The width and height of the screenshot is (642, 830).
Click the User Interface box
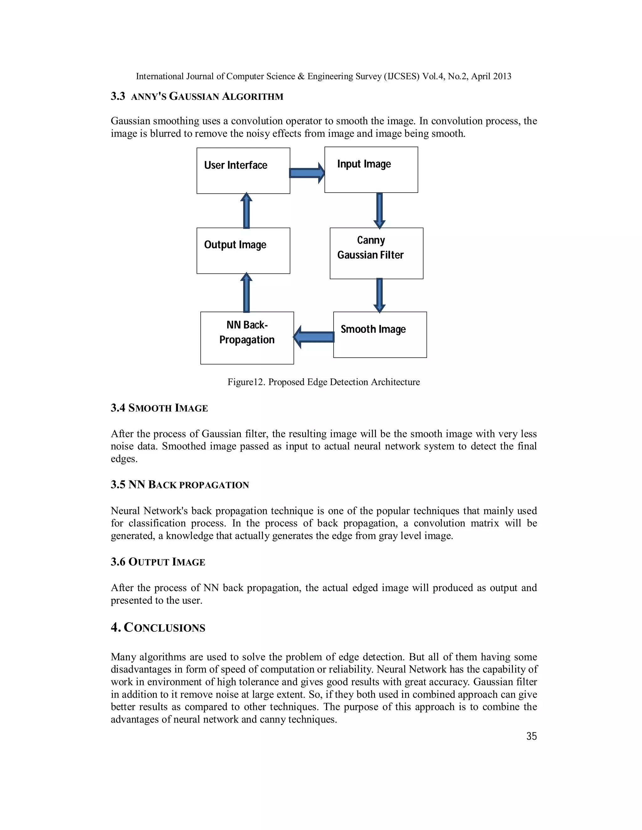[243, 171]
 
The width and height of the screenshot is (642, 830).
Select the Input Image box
[371, 169]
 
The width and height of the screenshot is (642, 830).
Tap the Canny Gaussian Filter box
[376, 253]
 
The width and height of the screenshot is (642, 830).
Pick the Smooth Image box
[380, 335]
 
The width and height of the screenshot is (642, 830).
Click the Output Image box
[243, 251]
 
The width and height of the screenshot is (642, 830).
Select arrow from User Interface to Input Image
[307, 173]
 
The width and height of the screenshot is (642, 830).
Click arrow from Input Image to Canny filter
[379, 210]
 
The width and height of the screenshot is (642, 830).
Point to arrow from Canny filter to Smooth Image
[379, 295]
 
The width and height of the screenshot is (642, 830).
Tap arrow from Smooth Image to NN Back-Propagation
[314, 337]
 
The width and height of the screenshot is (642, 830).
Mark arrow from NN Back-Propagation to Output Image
[246, 293]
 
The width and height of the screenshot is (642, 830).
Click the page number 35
[531, 736]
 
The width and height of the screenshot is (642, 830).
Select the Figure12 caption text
[323, 382]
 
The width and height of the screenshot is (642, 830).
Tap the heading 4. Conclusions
[158, 627]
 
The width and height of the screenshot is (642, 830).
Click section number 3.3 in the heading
[118, 96]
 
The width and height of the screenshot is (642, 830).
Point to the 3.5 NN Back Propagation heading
[180, 485]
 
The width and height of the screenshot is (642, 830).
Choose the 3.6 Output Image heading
[158, 562]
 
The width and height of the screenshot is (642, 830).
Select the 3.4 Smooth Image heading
[159, 408]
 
